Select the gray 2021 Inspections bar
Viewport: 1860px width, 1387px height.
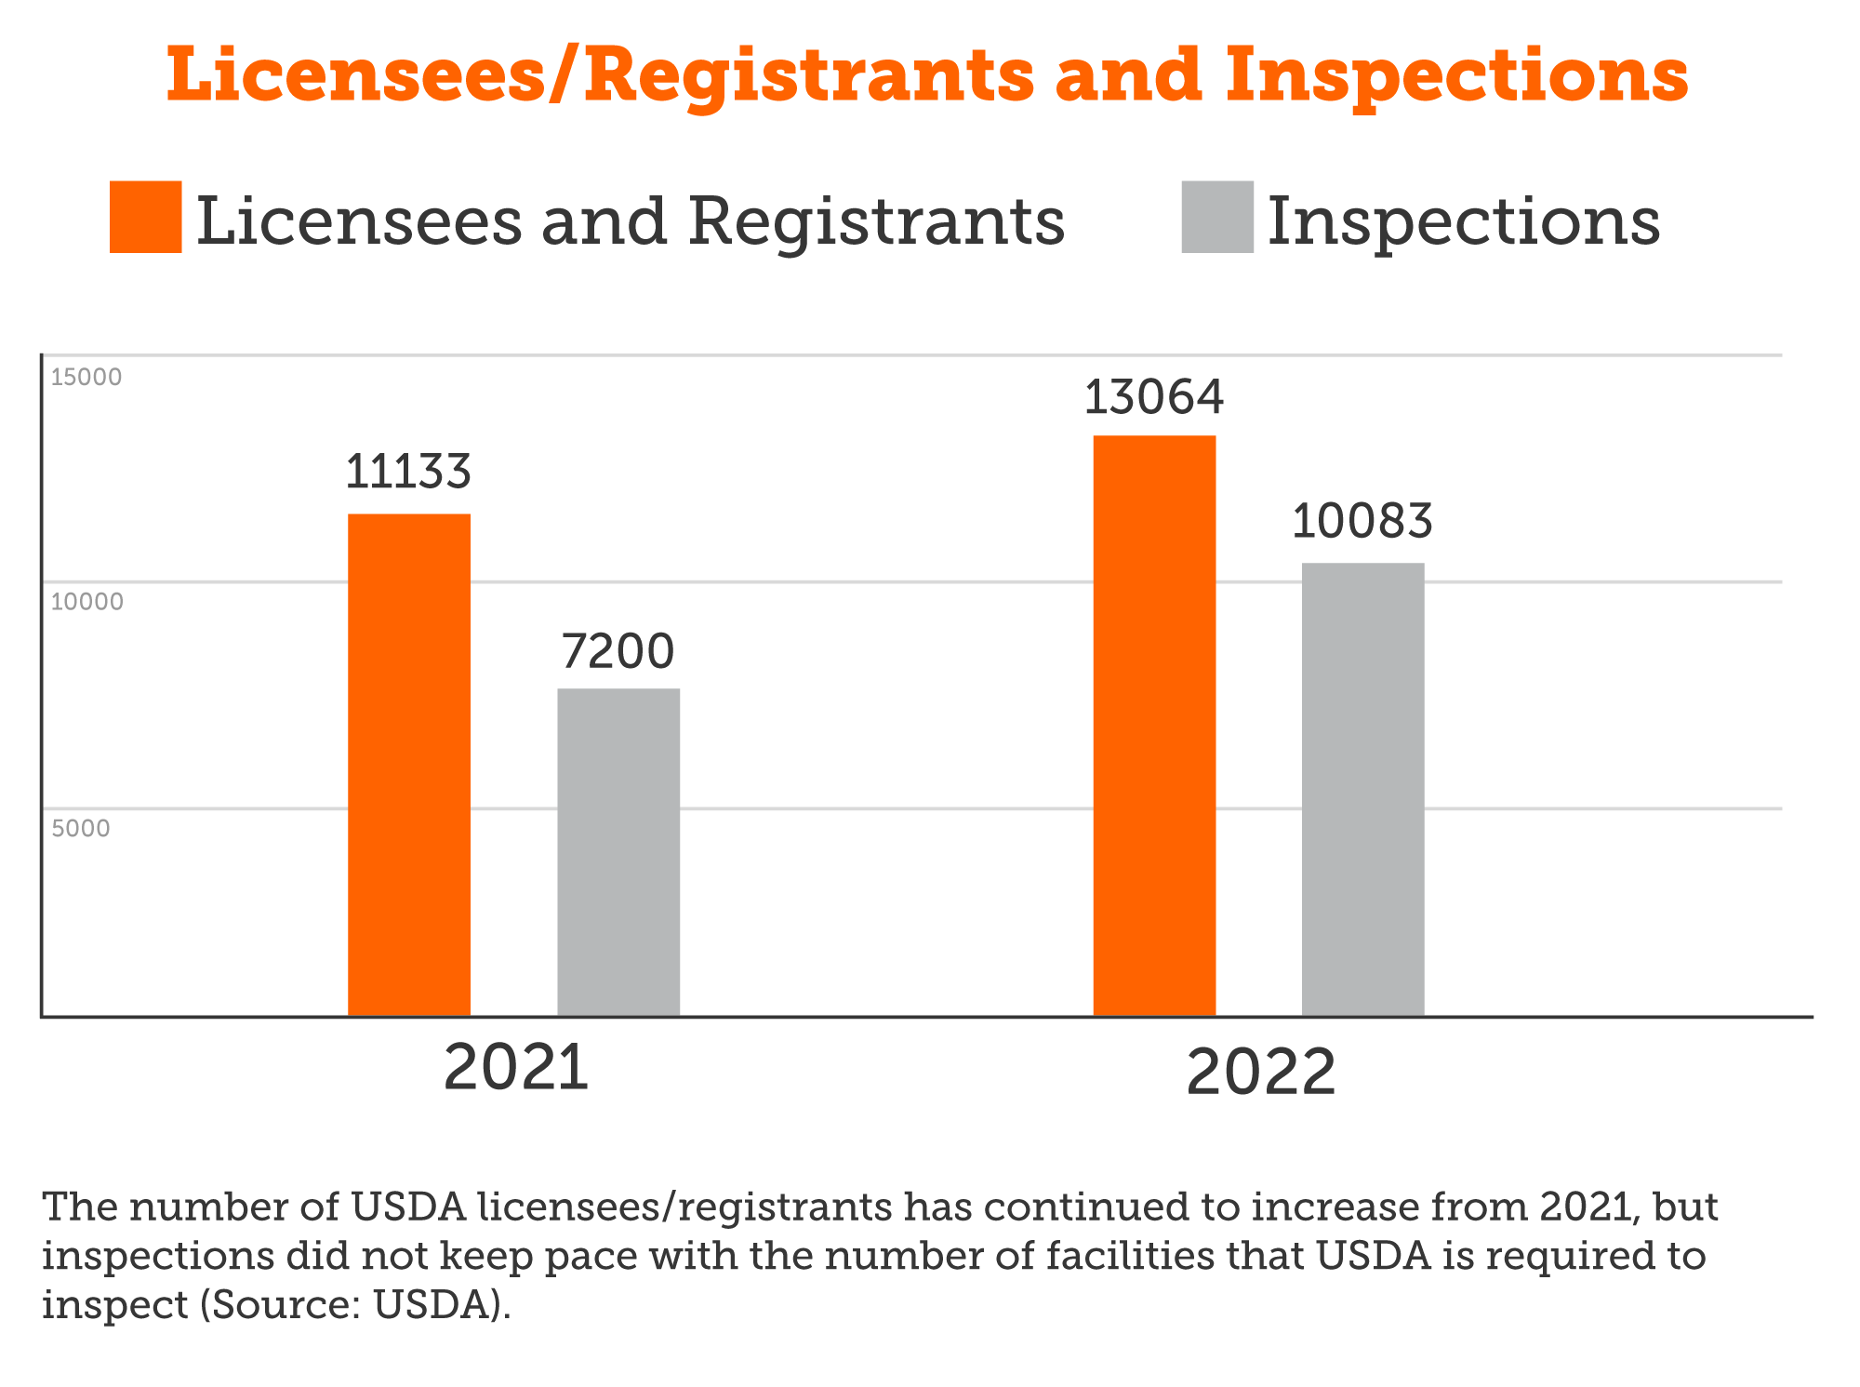pyautogui.click(x=618, y=852)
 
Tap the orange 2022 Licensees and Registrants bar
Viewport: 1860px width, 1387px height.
pyautogui.click(x=1154, y=726)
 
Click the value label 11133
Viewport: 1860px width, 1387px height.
pyautogui.click(x=408, y=472)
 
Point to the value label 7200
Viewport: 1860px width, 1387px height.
pyautogui.click(x=618, y=651)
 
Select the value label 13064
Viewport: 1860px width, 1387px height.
pyautogui.click(x=1154, y=397)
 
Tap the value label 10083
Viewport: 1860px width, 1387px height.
pyautogui.click(x=1362, y=521)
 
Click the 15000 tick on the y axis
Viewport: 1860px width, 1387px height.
pyautogui.click(x=86, y=378)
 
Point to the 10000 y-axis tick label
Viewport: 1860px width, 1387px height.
pyautogui.click(x=86, y=603)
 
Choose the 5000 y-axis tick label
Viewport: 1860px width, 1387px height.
pyautogui.click(x=81, y=829)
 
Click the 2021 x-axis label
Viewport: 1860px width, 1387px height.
pyautogui.click(x=516, y=1068)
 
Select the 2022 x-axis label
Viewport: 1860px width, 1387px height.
pyautogui.click(x=1261, y=1074)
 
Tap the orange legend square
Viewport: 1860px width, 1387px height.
pyautogui.click(x=145, y=217)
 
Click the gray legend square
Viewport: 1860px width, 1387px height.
pyautogui.click(x=1217, y=217)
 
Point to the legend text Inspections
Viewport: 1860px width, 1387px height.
pyautogui.click(x=1464, y=222)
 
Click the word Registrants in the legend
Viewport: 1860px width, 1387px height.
pyautogui.click(x=877, y=222)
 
